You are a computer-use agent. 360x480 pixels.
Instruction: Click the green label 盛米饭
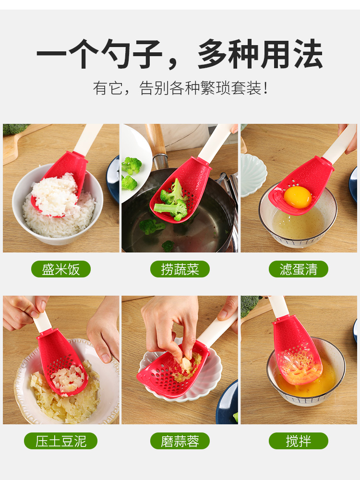61,269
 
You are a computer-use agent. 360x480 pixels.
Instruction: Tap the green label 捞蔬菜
180,269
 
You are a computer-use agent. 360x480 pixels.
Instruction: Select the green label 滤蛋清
299,269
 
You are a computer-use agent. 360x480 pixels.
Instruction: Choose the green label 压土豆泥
61,441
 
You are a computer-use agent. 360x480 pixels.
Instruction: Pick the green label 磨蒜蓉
180,441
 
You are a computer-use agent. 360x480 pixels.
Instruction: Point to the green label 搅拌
299,441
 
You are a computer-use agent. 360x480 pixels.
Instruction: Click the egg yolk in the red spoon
298,197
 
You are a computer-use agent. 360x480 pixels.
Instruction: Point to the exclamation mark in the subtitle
265,88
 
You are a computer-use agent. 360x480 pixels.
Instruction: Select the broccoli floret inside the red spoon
172,201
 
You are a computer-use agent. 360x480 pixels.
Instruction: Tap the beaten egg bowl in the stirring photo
306,372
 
